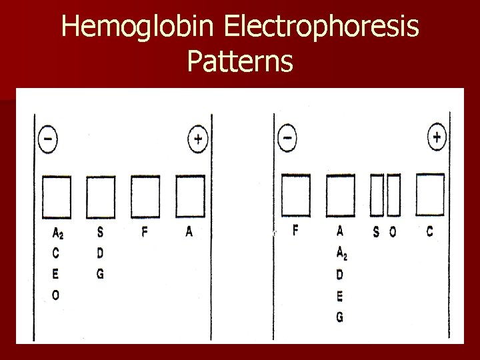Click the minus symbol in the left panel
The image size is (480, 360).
tap(48, 140)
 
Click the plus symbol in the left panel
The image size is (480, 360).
tap(198, 140)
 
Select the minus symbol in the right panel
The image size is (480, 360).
tap(287, 139)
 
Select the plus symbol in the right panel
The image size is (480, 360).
tap(437, 138)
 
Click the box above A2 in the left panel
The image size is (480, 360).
tap(57, 197)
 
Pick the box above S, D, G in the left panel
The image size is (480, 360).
tap(101, 197)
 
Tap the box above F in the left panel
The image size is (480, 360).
tap(145, 197)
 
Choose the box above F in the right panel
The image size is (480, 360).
tap(296, 196)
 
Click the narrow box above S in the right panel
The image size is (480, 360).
tap(377, 196)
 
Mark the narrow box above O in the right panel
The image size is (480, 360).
tap(393, 196)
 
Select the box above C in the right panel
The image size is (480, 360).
tap(430, 196)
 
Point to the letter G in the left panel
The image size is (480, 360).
tap(100, 274)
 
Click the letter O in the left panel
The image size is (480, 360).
tap(55, 295)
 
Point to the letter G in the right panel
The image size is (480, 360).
tap(340, 317)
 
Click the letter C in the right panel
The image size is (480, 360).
tap(429, 231)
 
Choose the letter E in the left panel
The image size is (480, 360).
tap(55, 274)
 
